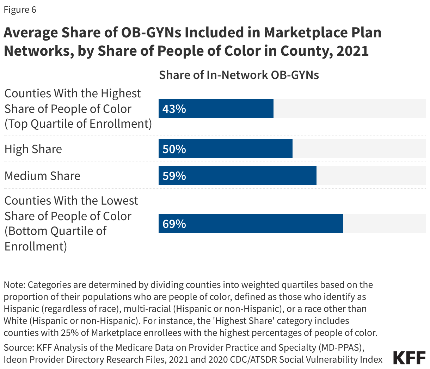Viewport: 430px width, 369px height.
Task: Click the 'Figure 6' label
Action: coord(20,10)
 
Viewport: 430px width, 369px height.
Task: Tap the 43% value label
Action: coord(174,109)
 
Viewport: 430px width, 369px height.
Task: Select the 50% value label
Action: coord(174,149)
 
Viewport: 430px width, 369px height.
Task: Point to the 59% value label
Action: coord(174,176)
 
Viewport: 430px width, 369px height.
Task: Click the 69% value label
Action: coord(174,224)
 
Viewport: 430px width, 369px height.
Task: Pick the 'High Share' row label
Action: coord(33,149)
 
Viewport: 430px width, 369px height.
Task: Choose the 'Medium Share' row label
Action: coord(42,176)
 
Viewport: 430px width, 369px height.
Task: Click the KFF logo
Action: coord(409,358)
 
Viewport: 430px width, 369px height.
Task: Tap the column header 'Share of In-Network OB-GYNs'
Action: coord(239,75)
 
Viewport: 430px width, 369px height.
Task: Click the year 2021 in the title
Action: coord(352,51)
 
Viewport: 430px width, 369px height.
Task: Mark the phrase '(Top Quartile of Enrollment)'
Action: coord(78,124)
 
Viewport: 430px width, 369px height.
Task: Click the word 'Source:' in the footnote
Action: coord(19,347)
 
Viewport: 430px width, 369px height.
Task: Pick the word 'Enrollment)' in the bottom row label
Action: coord(36,246)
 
